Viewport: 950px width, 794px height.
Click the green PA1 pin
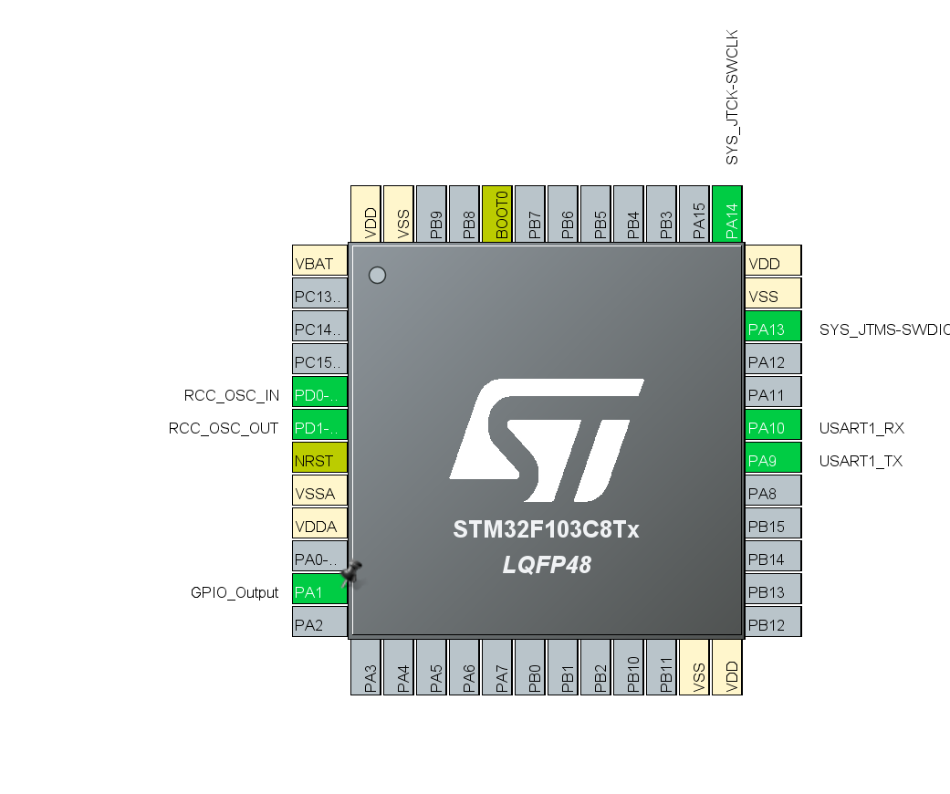click(318, 592)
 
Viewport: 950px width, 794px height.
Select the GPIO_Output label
click(235, 592)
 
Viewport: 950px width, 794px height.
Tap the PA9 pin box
click(773, 461)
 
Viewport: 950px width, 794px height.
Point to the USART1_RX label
click(861, 428)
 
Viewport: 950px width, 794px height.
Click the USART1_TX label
click(861, 461)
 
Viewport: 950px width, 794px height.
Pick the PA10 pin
click(773, 428)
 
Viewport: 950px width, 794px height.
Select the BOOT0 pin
click(498, 214)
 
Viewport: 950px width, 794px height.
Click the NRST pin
click(319, 461)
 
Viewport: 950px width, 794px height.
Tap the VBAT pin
click(319, 264)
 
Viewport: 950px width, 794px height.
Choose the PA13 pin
click(773, 329)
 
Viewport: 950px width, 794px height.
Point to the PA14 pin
click(728, 214)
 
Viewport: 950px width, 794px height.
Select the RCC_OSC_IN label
click(232, 395)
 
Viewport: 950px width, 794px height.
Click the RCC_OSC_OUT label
click(224, 428)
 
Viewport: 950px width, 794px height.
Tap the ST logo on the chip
click(546, 442)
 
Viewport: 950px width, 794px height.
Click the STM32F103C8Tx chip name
click(546, 530)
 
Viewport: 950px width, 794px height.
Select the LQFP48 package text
click(546, 566)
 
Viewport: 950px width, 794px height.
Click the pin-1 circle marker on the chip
click(377, 275)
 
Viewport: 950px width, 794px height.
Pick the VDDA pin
click(319, 527)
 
